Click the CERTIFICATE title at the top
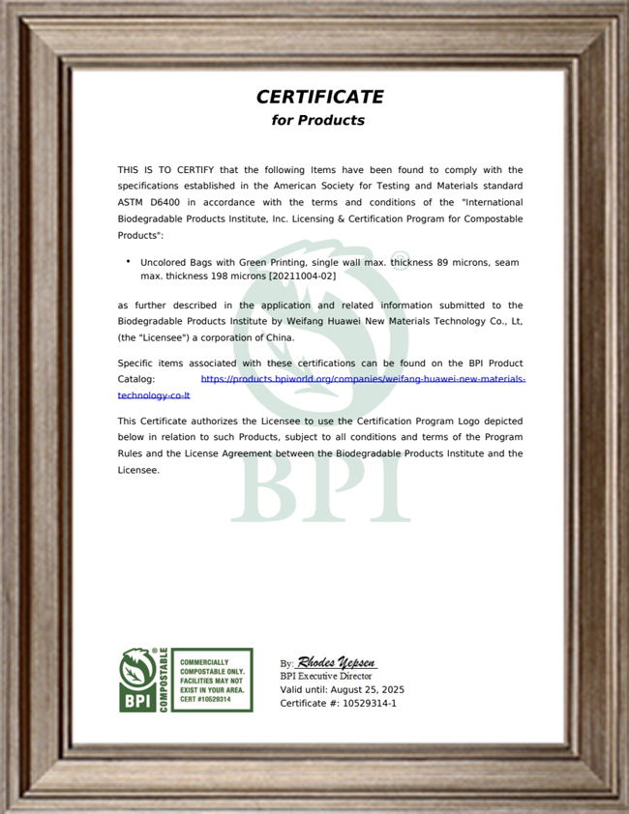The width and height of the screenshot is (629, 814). tap(319, 97)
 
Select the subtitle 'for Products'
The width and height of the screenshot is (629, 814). tap(318, 121)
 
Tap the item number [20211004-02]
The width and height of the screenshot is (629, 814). tap(302, 276)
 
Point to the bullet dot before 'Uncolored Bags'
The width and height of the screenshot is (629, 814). tap(128, 261)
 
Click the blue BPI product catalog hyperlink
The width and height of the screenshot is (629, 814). tap(363, 380)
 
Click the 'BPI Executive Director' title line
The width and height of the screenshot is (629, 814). tap(325, 677)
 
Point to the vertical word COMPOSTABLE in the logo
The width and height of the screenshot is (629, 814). tap(163, 681)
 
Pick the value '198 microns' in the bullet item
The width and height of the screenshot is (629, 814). tap(217, 276)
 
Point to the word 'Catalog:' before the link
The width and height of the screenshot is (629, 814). tap(136, 380)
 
